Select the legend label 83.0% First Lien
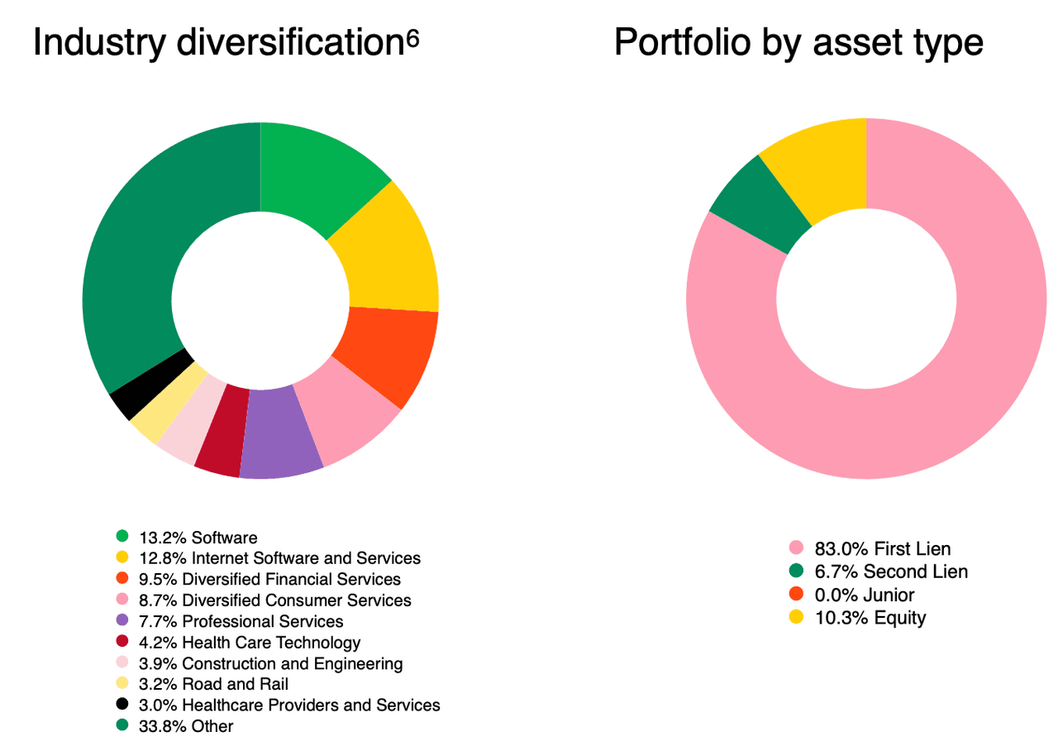point(883,548)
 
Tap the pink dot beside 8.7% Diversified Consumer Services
point(122,600)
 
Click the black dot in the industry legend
point(122,705)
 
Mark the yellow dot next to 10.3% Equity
point(796,617)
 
